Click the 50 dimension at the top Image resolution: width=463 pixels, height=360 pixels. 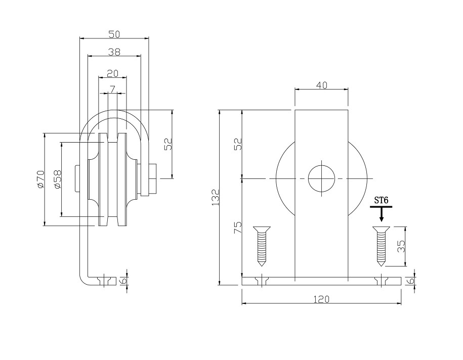tap(114, 34)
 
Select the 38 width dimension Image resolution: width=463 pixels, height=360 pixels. tap(114, 51)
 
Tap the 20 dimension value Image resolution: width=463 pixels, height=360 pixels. tap(112, 73)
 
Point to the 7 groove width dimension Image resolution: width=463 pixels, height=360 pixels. tap(112, 89)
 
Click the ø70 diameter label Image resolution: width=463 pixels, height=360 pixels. tap(40, 179)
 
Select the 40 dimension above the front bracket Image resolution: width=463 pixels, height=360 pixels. tap(321, 85)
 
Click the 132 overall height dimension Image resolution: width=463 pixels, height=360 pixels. tap(215, 197)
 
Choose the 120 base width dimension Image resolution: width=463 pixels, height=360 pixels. tap(321, 299)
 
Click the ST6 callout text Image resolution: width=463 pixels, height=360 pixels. tap(381, 200)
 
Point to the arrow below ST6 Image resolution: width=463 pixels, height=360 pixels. tap(382, 215)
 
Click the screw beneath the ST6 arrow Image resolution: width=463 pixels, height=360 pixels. tap(381, 246)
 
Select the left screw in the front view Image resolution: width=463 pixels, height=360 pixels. tap(263, 246)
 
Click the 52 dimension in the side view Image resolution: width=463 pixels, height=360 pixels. tap(168, 145)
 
